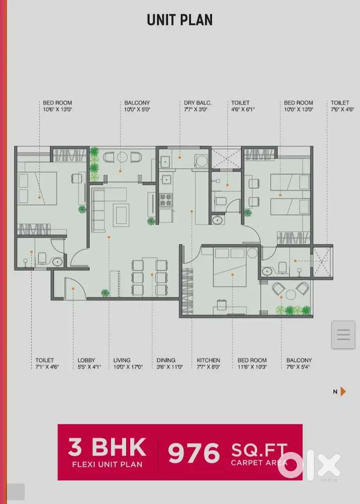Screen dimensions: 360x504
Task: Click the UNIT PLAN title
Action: point(180,20)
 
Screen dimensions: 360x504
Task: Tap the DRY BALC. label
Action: point(197,103)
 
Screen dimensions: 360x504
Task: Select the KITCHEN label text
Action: point(209,360)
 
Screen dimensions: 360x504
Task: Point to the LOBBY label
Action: point(86,360)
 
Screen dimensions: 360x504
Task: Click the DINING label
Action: point(166,360)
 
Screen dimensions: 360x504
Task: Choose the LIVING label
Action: point(122,360)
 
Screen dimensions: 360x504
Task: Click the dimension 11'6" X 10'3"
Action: point(252,367)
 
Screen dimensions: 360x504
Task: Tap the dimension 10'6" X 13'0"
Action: point(57,109)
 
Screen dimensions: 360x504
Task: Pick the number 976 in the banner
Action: point(194,453)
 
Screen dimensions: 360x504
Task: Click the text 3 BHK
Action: point(107,447)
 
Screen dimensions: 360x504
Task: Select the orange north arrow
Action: point(343,391)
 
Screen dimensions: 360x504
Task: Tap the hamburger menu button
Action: point(343,334)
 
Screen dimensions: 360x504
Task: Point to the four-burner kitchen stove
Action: point(166,200)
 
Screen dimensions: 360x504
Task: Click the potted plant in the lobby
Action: point(105,293)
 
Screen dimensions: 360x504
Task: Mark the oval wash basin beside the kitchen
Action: point(218,220)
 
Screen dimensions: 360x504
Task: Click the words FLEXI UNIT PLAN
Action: point(107,464)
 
